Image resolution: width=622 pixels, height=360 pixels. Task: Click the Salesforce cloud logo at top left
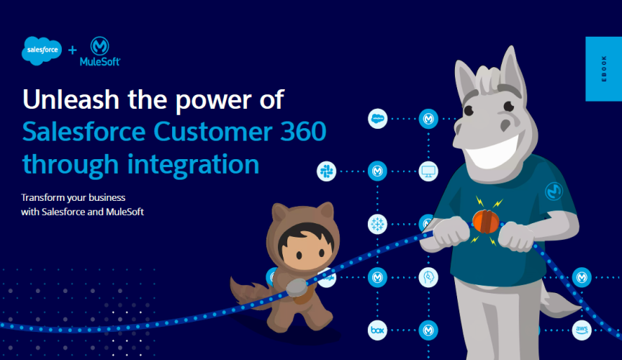[42, 50]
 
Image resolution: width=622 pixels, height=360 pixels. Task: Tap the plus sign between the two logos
[72, 50]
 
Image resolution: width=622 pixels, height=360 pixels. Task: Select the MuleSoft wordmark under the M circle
[100, 61]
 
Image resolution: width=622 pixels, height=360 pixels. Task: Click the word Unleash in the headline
[71, 99]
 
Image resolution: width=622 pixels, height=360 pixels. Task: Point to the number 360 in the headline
[303, 131]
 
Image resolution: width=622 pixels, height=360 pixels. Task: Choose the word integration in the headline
[193, 165]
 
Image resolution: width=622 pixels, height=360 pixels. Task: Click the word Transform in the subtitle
[42, 198]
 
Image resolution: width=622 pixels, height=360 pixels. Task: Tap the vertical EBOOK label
[604, 68]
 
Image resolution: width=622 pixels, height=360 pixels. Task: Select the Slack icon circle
[326, 171]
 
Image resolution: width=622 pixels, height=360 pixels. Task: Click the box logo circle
[377, 330]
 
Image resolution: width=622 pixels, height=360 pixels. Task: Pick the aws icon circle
[582, 330]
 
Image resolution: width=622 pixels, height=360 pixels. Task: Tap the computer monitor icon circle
[428, 171]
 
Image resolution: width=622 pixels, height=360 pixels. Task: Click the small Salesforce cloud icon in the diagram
[377, 119]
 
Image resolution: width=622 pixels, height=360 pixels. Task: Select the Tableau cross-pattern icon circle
[377, 224]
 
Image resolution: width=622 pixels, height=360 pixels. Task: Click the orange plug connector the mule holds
[486, 221]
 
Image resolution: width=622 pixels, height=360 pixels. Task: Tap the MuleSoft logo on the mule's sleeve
[554, 191]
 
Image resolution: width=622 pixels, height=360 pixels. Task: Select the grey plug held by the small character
[297, 287]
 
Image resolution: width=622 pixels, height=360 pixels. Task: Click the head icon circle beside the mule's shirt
[428, 277]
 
